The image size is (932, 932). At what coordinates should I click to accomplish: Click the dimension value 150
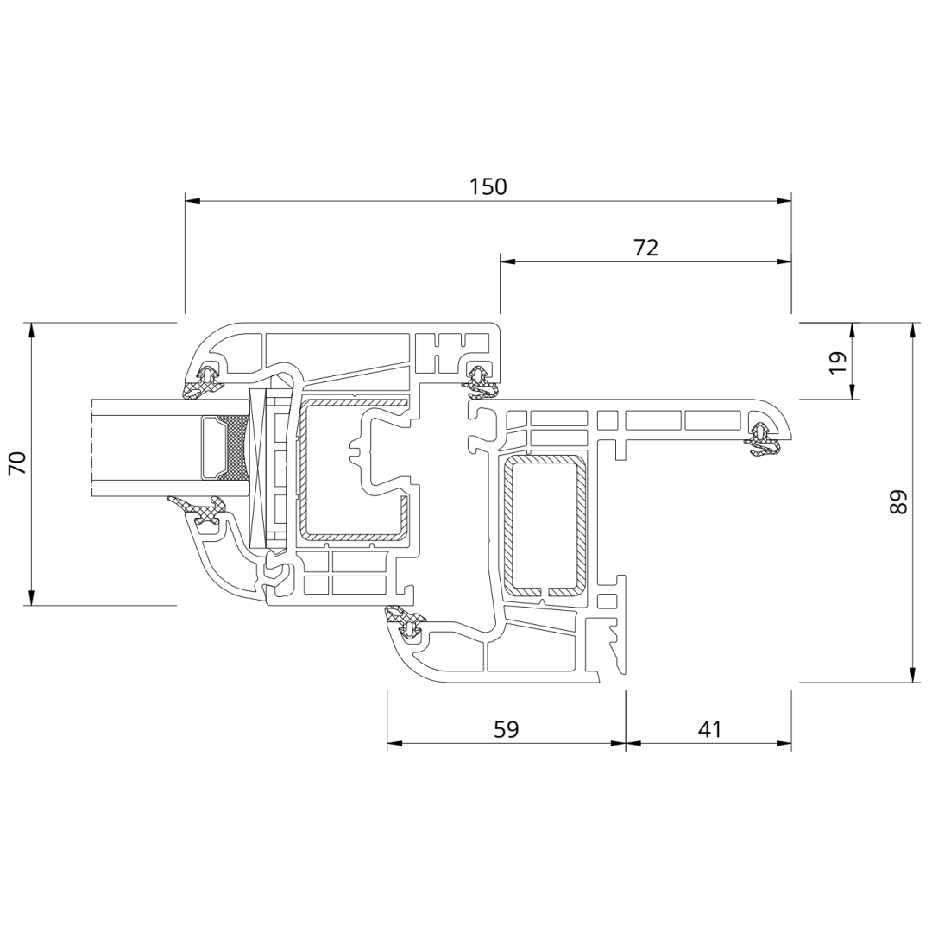pos(488,186)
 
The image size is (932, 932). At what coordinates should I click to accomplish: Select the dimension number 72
pos(645,248)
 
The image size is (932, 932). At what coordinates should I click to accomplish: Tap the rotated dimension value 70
pos(18,463)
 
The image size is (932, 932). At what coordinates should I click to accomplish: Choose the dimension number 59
pos(507,728)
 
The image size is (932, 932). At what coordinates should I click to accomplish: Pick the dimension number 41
pos(709,728)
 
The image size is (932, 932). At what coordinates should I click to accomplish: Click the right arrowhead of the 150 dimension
pos(784,201)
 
